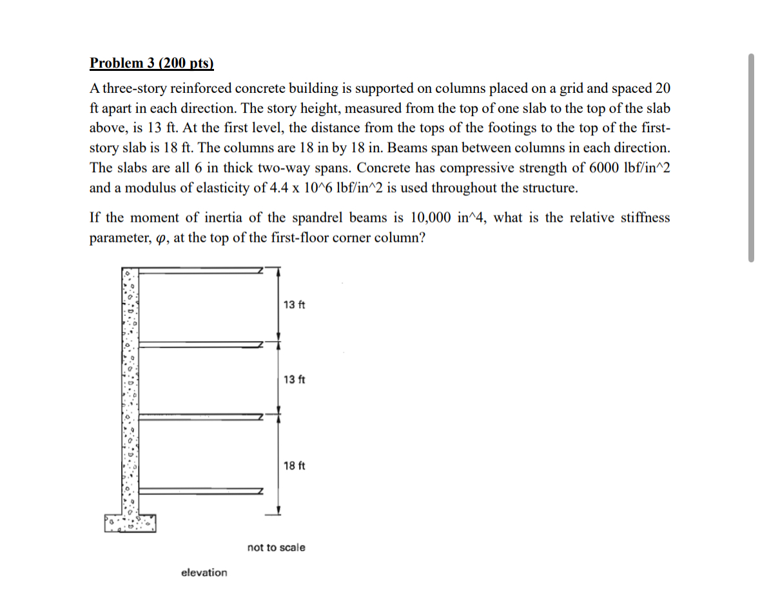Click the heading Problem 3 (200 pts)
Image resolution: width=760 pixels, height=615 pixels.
click(x=151, y=63)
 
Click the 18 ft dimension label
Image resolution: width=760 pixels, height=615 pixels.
click(x=294, y=465)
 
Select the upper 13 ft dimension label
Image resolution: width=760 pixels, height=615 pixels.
click(x=294, y=304)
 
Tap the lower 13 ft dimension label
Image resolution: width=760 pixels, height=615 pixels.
click(x=294, y=379)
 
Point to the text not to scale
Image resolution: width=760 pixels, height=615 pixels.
click(x=277, y=547)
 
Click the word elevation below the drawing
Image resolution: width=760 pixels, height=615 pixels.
click(x=204, y=572)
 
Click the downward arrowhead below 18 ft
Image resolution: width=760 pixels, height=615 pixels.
click(x=278, y=511)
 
